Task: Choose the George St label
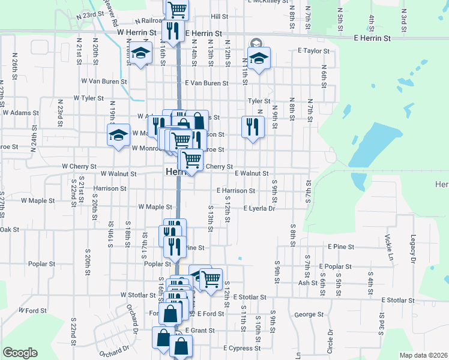(309, 314)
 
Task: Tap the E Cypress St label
(242, 348)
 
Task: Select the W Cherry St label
(79, 166)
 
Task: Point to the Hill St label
(220, 17)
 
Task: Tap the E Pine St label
(342, 247)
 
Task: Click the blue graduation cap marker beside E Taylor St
(259, 59)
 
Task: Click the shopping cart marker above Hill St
(177, 8)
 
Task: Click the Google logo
(20, 353)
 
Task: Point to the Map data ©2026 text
(423, 355)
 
